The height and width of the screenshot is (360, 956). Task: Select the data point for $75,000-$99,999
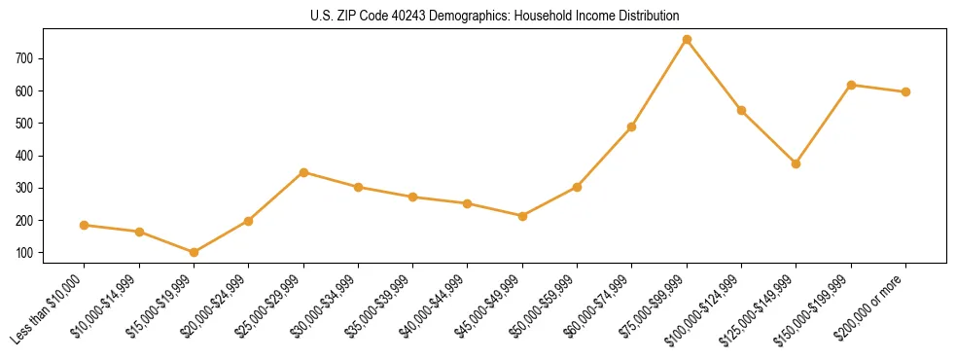pyautogui.click(x=687, y=40)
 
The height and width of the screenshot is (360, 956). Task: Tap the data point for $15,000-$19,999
pyautogui.click(x=194, y=253)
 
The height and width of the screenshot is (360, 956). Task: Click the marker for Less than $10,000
pyautogui.click(x=85, y=225)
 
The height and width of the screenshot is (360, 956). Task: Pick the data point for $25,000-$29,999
pyautogui.click(x=303, y=172)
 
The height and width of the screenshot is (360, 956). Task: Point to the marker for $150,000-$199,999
pyautogui.click(x=851, y=85)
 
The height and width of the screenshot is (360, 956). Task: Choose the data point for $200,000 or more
pyautogui.click(x=905, y=91)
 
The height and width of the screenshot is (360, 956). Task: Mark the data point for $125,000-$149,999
pyautogui.click(x=796, y=163)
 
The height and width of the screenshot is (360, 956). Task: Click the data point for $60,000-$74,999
pyautogui.click(x=632, y=126)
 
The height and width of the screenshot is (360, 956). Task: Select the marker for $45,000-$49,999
pyautogui.click(x=522, y=216)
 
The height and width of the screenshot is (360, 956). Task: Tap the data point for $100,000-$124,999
pyautogui.click(x=741, y=110)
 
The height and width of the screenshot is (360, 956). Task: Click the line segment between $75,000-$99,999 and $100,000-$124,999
pyautogui.click(x=714, y=75)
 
